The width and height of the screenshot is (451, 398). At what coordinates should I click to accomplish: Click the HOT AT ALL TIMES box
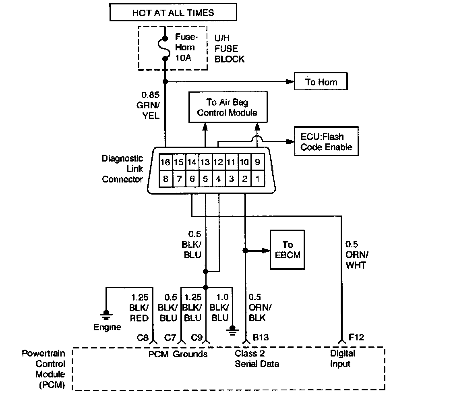pyautogui.click(x=173, y=12)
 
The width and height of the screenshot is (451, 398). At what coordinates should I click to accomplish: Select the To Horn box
pyautogui.click(x=321, y=81)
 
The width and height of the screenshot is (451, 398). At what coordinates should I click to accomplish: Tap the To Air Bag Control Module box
pyautogui.click(x=228, y=107)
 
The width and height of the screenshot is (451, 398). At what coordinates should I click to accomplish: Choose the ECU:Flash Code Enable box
pyautogui.click(x=326, y=141)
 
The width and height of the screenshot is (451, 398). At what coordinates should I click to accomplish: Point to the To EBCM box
pyautogui.click(x=287, y=250)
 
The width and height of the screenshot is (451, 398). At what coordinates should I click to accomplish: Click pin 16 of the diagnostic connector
pyautogui.click(x=166, y=162)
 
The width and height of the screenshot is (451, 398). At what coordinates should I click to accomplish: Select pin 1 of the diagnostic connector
pyautogui.click(x=258, y=179)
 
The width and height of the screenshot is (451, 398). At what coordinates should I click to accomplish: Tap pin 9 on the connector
pyautogui.click(x=258, y=162)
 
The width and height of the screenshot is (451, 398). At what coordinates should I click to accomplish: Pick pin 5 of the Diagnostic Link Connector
pyautogui.click(x=205, y=179)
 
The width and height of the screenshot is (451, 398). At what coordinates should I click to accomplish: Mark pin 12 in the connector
pyautogui.click(x=218, y=162)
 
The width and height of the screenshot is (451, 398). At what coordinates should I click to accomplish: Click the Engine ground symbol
pyautogui.click(x=106, y=315)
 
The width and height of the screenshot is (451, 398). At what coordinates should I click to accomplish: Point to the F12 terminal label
pyautogui.click(x=356, y=337)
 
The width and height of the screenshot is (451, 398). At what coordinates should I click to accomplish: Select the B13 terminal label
pyautogui.click(x=261, y=337)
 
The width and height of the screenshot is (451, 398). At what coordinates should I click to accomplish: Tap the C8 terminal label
pyautogui.click(x=143, y=337)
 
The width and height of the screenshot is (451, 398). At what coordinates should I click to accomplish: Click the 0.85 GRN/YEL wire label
pyautogui.click(x=149, y=105)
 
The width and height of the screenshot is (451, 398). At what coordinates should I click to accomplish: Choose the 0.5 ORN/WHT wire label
pyautogui.click(x=357, y=255)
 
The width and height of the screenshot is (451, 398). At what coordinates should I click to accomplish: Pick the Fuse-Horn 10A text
pyautogui.click(x=186, y=47)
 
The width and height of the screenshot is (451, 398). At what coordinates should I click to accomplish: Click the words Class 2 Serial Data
pyautogui.click(x=257, y=359)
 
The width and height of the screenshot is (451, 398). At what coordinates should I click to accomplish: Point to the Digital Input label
pyautogui.click(x=342, y=359)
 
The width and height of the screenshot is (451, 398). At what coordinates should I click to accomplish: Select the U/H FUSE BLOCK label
pyautogui.click(x=229, y=48)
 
